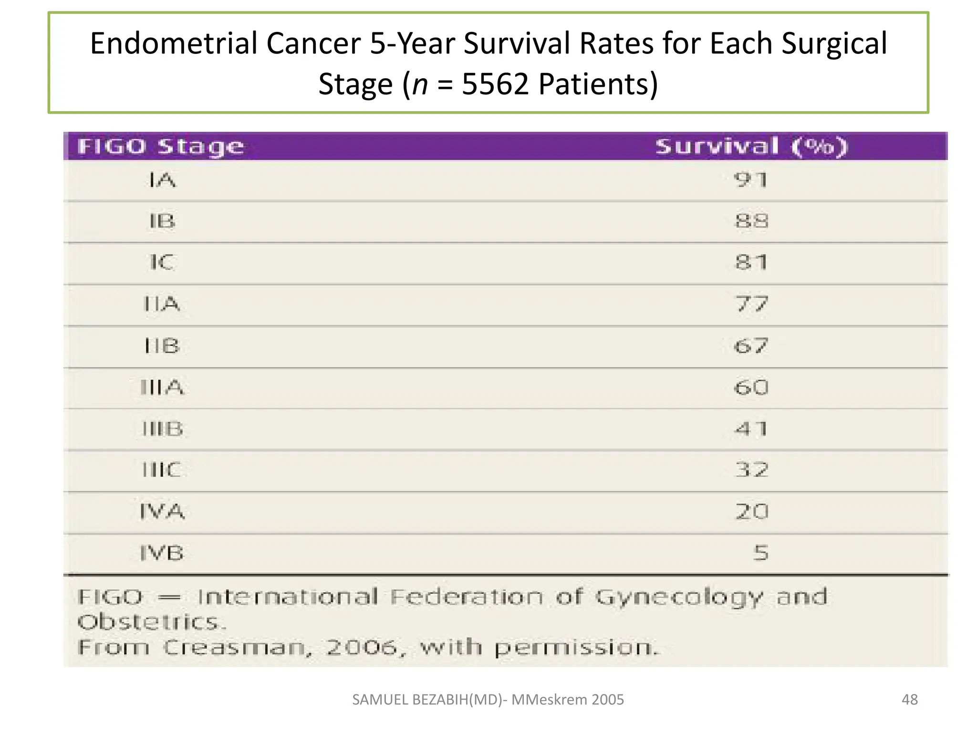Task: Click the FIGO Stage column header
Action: pyautogui.click(x=160, y=147)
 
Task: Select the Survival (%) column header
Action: pyautogui.click(x=751, y=147)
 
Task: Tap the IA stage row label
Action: pyautogui.click(x=162, y=180)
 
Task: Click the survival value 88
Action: pyautogui.click(x=751, y=221)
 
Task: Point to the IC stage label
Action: pyautogui.click(x=162, y=262)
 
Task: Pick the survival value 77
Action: pyautogui.click(x=751, y=304)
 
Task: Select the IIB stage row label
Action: pyautogui.click(x=162, y=346)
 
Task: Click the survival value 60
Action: pyautogui.click(x=751, y=387)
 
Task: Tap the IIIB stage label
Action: pyautogui.click(x=162, y=429)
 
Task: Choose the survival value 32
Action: pyautogui.click(x=751, y=470)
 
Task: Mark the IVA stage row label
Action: pyautogui.click(x=162, y=512)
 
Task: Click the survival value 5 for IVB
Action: pyautogui.click(x=761, y=553)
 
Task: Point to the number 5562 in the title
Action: pyautogui.click(x=495, y=84)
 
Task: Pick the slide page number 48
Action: pyautogui.click(x=909, y=700)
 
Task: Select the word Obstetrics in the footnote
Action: pyautogui.click(x=150, y=622)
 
